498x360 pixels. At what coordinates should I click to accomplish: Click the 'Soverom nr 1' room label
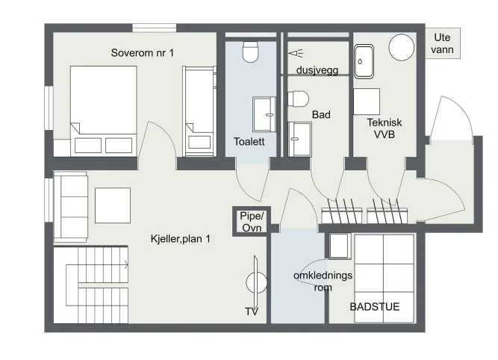point(143,53)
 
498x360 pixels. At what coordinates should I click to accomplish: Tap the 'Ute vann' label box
point(443,43)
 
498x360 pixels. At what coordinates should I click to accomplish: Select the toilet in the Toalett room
point(250,52)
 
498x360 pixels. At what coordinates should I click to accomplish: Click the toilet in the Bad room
point(298,99)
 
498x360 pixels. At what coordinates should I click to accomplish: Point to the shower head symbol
point(296,53)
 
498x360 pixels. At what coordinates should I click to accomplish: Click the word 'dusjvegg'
point(317,70)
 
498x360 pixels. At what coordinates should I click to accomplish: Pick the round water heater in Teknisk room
point(402,48)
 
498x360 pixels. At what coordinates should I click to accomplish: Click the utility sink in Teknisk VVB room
point(364,62)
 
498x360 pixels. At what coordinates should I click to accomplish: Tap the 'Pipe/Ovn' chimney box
point(252,222)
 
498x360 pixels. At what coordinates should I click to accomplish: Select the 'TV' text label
point(252,311)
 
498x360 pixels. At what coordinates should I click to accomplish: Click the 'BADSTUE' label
point(375,307)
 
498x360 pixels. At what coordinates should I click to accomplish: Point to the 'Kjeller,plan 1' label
point(181,238)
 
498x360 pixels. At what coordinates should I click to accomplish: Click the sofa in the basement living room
point(70,207)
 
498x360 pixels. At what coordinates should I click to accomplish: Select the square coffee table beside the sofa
point(113,205)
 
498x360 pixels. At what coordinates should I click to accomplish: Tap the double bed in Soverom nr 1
point(104,111)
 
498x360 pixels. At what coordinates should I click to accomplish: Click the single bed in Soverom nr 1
point(199,111)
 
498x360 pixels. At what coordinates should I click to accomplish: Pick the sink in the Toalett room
point(264,114)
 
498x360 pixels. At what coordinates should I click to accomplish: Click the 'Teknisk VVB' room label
point(385,128)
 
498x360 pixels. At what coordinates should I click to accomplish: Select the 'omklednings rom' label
point(323,281)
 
